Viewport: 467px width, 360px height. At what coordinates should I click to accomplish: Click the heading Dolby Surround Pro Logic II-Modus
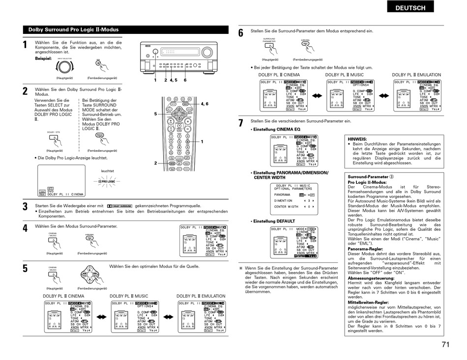[73, 29]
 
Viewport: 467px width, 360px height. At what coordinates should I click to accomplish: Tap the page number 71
[445, 344]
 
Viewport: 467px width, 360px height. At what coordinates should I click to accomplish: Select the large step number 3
[25, 207]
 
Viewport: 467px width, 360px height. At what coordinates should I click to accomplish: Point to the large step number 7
[241, 123]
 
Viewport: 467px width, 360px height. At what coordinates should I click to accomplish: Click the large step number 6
[241, 33]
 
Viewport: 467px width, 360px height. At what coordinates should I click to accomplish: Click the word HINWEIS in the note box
[357, 139]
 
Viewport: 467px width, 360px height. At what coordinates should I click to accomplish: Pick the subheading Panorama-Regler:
[365, 249]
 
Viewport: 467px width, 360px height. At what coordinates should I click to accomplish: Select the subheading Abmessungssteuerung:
[371, 278]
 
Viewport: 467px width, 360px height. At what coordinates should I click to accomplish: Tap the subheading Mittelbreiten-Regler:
[368, 302]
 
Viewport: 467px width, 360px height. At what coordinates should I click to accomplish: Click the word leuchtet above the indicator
[107, 171]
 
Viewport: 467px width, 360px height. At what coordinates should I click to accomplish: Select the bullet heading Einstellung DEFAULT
[274, 221]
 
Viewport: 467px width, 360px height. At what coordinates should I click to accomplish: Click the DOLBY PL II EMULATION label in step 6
[416, 75]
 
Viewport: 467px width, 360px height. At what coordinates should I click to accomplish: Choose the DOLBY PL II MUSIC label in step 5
[129, 296]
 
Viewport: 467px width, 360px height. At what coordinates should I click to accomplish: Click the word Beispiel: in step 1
[43, 58]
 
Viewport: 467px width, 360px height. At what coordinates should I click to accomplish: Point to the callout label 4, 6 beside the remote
[204, 104]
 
